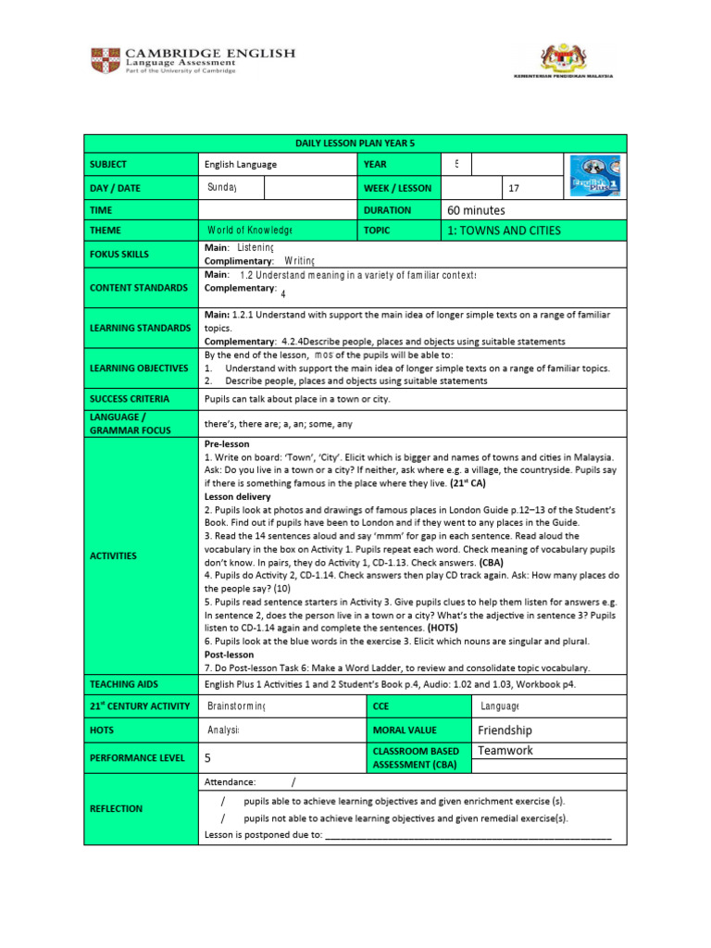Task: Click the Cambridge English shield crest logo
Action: coord(104,61)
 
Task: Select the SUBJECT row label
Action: coord(108,165)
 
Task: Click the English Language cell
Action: coord(240,165)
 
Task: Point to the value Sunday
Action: coord(222,188)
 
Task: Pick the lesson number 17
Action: coord(515,188)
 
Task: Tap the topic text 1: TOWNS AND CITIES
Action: coord(503,231)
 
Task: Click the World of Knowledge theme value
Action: coord(249,231)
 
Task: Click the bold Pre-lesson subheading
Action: coord(227,444)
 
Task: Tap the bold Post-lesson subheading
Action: coord(229,655)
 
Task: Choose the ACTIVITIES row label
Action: coord(113,555)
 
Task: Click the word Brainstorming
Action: coord(236,706)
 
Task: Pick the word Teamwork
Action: coord(505,751)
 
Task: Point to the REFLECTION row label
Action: coord(116,808)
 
